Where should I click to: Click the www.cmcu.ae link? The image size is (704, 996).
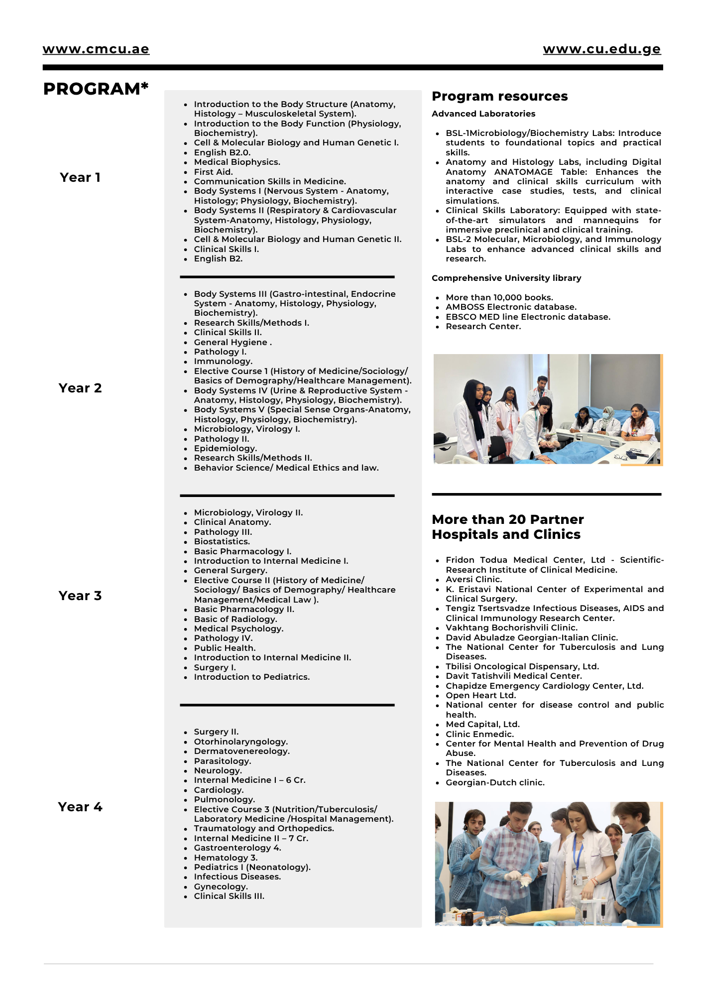point(96,49)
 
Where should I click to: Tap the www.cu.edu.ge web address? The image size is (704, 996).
point(601,49)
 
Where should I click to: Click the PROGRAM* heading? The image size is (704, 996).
point(96,89)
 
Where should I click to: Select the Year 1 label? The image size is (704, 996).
point(80,177)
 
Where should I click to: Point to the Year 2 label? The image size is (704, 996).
point(80,388)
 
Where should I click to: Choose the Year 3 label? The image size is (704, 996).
point(80,596)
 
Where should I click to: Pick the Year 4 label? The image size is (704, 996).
point(80,807)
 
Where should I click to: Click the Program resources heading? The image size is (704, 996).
point(499,96)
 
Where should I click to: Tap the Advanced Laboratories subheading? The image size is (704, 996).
point(483,114)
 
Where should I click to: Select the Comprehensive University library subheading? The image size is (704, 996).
point(506,278)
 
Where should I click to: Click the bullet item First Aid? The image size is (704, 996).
point(213,172)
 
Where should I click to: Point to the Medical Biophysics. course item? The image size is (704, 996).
point(237,162)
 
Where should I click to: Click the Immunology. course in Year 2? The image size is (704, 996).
point(223,361)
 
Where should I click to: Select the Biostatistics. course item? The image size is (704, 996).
point(222,541)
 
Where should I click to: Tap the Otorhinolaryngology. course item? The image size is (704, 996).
point(240,742)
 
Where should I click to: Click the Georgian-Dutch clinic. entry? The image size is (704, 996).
point(495,782)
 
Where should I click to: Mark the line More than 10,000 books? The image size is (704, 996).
point(499,297)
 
